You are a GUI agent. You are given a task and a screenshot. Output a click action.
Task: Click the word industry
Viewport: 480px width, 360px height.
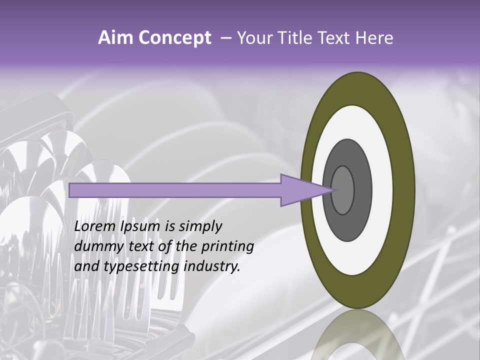pos(211,266)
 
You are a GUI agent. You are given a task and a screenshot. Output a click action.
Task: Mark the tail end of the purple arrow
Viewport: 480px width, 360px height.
pos(70,190)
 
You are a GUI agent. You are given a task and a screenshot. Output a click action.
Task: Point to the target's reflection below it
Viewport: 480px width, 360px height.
pos(357,340)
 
